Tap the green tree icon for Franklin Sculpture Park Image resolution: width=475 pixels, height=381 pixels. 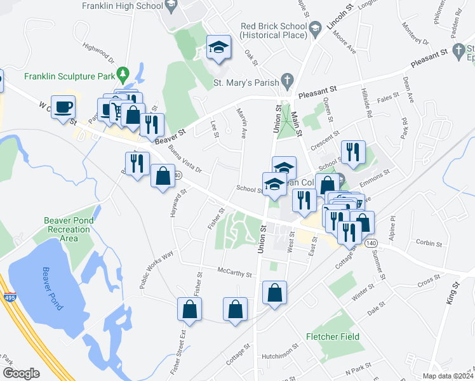click(124, 76)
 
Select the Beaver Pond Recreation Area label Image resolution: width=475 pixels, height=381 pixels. click(69, 229)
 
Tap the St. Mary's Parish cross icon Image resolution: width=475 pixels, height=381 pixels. click(288, 81)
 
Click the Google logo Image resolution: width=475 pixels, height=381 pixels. click(21, 373)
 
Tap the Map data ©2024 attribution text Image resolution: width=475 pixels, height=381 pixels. click(447, 376)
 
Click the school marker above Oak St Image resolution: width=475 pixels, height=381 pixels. click(218, 48)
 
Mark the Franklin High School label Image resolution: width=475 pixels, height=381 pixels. click(123, 6)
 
